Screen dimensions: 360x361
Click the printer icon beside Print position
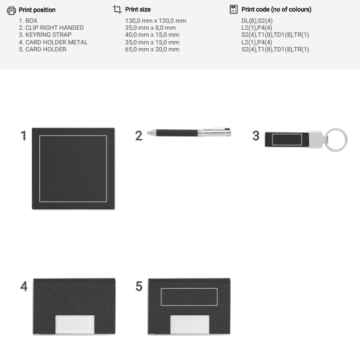(11, 10)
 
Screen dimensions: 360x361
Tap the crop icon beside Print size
(117, 10)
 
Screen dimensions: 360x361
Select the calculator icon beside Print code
(234, 10)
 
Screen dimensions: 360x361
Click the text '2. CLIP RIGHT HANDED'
(51, 28)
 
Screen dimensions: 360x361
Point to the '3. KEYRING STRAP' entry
(45, 35)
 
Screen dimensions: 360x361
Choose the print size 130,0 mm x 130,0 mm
(156, 21)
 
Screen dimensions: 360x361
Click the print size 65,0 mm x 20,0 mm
(152, 49)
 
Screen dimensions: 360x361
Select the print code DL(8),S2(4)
(257, 21)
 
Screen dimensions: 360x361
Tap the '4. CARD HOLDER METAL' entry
(53, 43)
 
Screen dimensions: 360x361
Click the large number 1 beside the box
(23, 136)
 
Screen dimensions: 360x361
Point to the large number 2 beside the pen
(139, 136)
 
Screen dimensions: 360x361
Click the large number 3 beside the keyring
(256, 136)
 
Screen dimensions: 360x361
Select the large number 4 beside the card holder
(23, 286)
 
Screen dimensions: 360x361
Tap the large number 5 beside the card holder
(139, 286)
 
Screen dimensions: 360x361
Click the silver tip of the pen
(152, 133)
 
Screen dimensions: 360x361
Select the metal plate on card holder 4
(75, 324)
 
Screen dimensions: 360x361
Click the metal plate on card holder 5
(190, 324)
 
